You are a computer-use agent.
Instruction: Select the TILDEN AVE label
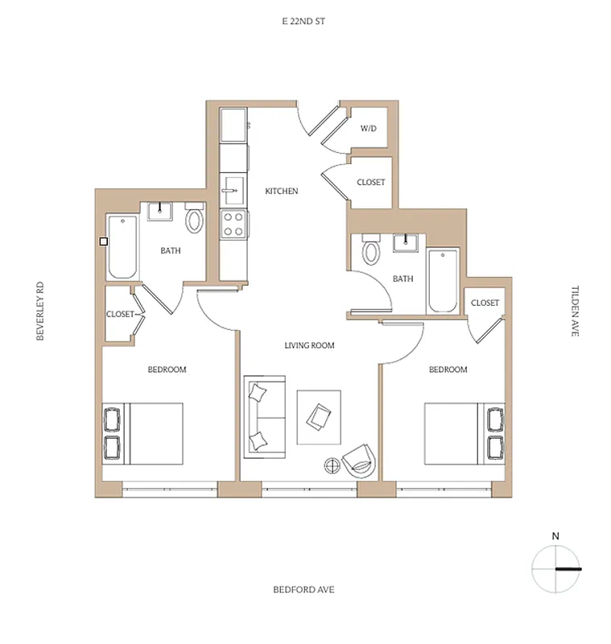pos(575,310)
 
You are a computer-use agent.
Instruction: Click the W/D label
pos(368,129)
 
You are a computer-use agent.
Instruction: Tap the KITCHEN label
pos(282,192)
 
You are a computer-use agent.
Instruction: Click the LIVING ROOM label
pos(309,345)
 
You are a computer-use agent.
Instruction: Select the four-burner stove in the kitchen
pos(233,224)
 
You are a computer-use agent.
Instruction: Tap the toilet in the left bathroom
pos(195,220)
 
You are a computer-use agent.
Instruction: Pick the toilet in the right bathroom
pos(371,251)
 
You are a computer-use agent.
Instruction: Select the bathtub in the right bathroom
pos(443,282)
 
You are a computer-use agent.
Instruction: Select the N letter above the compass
pos(555,535)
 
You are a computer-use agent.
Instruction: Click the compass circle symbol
pos(555,568)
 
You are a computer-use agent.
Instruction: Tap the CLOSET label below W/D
pos(370,183)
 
